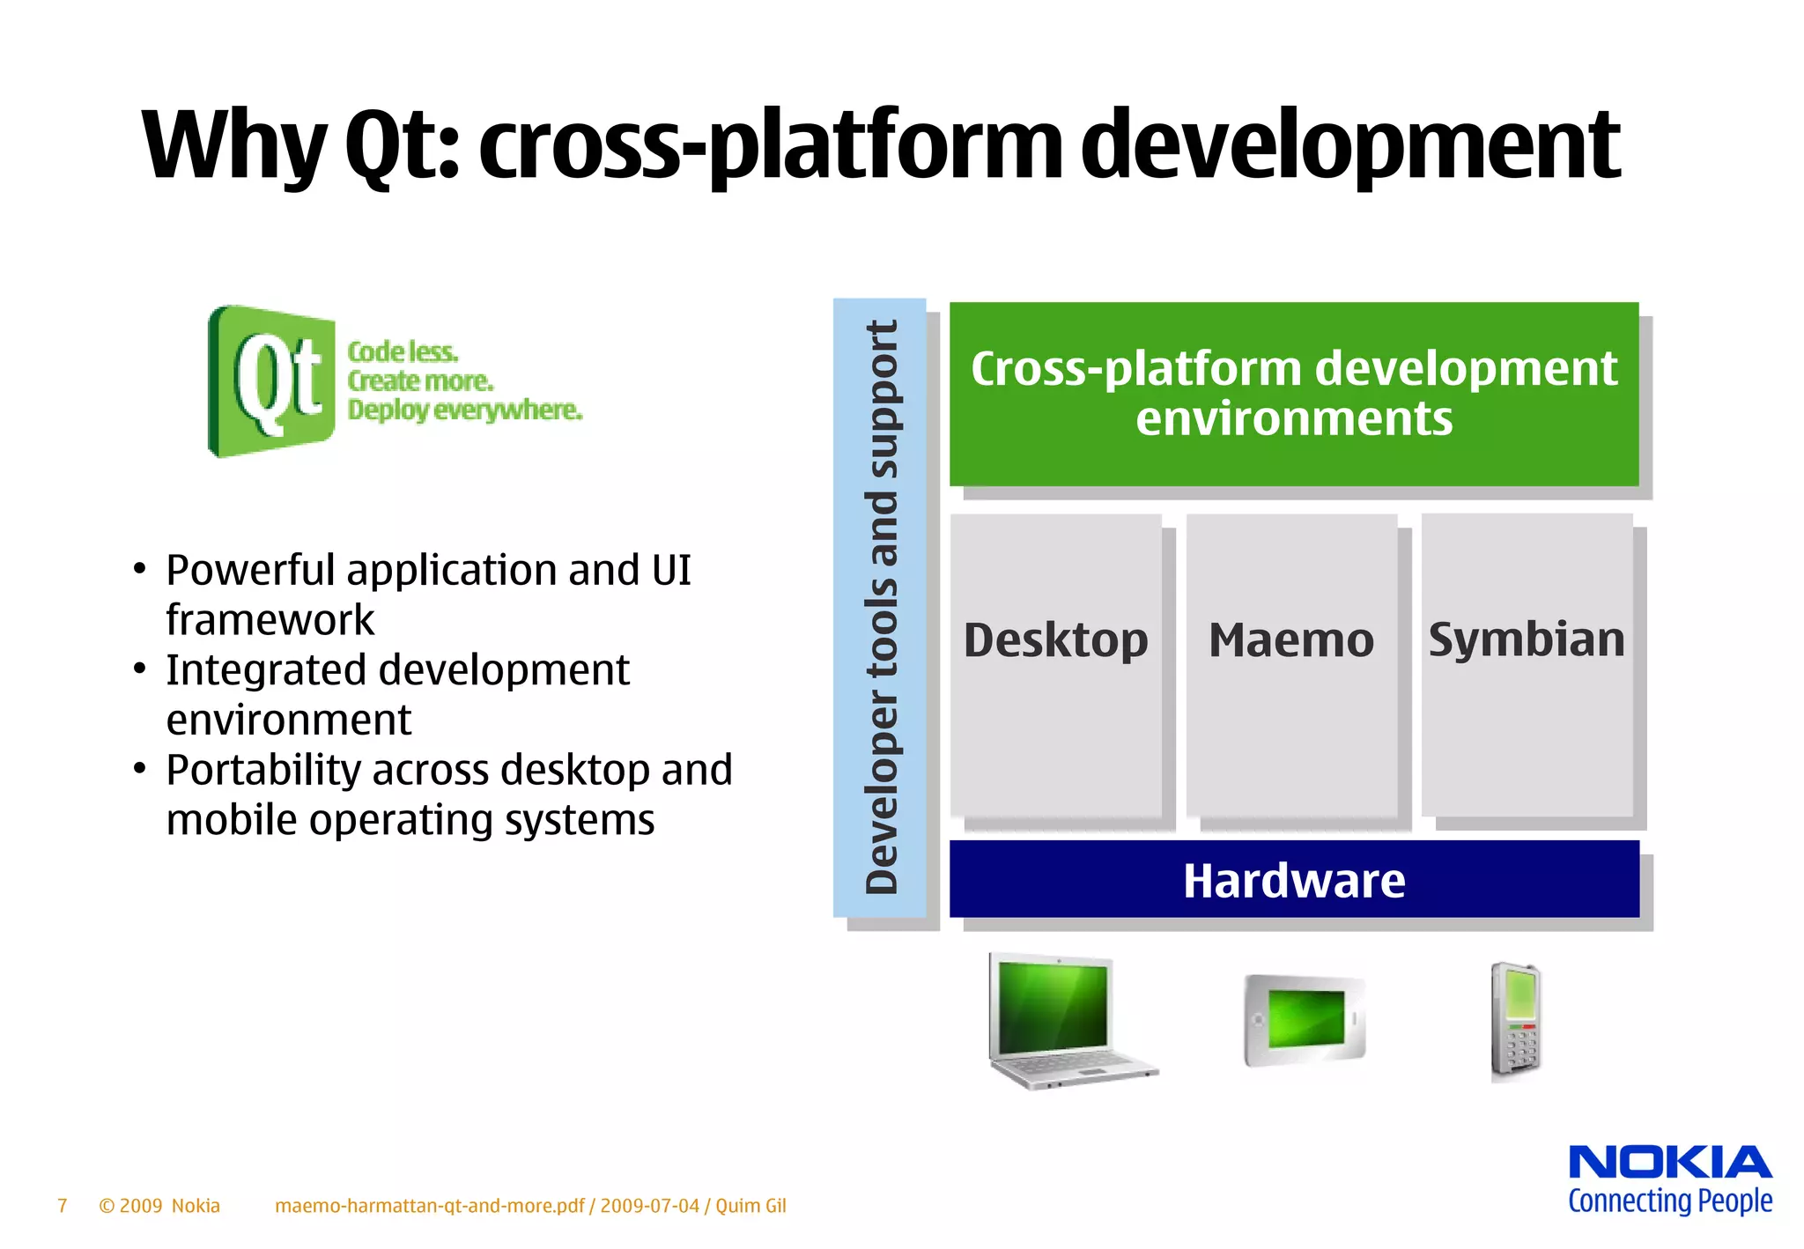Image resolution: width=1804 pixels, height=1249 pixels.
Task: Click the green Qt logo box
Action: point(271,381)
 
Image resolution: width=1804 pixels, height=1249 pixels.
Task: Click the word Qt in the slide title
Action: point(401,146)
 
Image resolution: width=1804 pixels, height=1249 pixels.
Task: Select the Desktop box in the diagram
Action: point(1055,664)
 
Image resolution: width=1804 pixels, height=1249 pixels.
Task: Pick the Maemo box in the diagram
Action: point(1290,664)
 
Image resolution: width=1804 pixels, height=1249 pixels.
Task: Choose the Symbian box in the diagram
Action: point(1526,664)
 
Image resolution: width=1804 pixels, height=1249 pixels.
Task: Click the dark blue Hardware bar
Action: point(1293,879)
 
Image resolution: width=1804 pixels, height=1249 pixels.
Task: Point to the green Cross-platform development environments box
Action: point(1293,393)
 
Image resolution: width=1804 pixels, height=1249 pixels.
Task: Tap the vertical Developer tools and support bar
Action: point(880,608)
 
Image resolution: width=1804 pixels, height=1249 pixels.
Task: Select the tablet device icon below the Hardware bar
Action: point(1304,1020)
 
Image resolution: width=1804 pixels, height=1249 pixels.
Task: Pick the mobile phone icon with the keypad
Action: point(1515,1022)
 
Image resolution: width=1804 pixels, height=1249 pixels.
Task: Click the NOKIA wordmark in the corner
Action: point(1669,1162)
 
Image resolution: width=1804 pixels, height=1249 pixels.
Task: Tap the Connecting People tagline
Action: point(1669,1201)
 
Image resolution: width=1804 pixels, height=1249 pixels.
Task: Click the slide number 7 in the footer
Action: point(62,1205)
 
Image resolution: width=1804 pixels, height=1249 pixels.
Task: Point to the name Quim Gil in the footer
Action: point(750,1205)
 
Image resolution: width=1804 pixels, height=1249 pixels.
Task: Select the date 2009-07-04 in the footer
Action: point(649,1205)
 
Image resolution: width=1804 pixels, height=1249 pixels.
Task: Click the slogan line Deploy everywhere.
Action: point(464,410)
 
